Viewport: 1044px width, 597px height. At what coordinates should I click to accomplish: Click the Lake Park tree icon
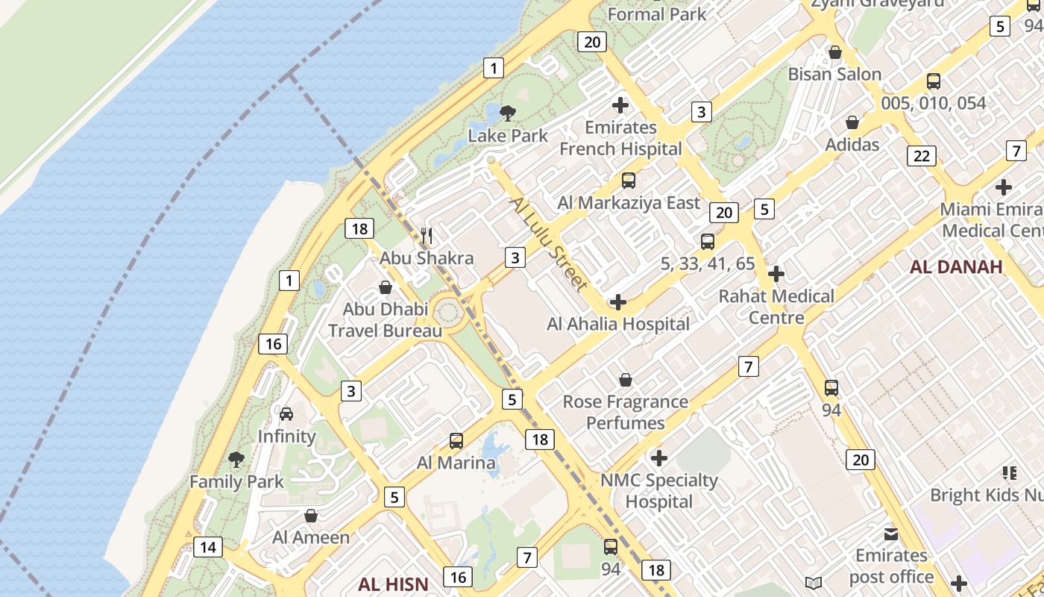point(508,113)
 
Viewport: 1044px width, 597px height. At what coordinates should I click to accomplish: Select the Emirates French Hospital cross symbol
point(620,105)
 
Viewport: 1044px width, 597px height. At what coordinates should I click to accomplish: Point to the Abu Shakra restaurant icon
point(427,237)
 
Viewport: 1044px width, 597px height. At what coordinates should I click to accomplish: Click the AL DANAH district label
point(956,267)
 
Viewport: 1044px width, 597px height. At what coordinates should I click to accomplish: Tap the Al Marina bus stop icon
point(456,441)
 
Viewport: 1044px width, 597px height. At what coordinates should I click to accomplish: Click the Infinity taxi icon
point(286,414)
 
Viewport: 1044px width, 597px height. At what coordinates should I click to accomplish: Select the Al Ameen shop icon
point(311,516)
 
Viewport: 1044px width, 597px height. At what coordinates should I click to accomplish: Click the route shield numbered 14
point(208,547)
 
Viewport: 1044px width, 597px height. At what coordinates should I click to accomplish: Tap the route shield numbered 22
point(922,156)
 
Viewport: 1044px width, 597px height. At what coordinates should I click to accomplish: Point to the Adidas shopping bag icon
point(852,122)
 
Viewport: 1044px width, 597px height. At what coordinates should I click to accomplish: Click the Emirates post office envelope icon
point(891,534)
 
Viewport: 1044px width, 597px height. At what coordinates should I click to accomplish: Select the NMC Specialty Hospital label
point(659,491)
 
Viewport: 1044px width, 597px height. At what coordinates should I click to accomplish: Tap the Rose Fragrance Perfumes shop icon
point(626,381)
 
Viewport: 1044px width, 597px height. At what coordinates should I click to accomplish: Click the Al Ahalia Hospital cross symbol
point(617,302)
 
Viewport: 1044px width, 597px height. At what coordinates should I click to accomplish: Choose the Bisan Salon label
point(834,74)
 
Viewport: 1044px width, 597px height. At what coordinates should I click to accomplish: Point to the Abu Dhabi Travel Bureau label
point(385,319)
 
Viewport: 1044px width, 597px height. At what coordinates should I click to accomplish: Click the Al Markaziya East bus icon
point(629,181)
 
